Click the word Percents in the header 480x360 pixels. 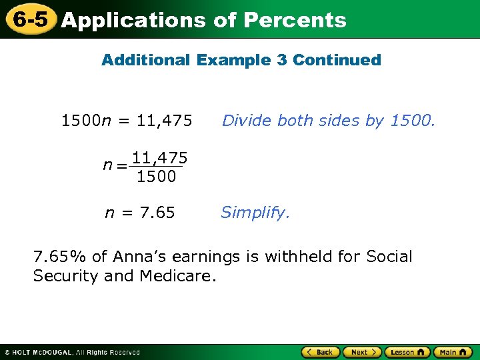coord(295,20)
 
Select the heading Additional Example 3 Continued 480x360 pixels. coord(241,60)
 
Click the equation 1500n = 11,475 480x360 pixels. coord(127,121)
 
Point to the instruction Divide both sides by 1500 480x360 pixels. coord(328,121)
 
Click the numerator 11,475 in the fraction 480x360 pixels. coord(159,158)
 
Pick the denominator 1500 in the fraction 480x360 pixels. coord(156,177)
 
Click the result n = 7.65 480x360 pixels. coord(140,213)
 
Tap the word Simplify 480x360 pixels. coord(255,213)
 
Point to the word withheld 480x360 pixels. coord(301,257)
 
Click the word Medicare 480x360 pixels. coord(178,275)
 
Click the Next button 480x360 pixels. coord(363,352)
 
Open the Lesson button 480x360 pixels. coord(407,352)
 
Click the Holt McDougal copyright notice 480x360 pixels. coord(72,352)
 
